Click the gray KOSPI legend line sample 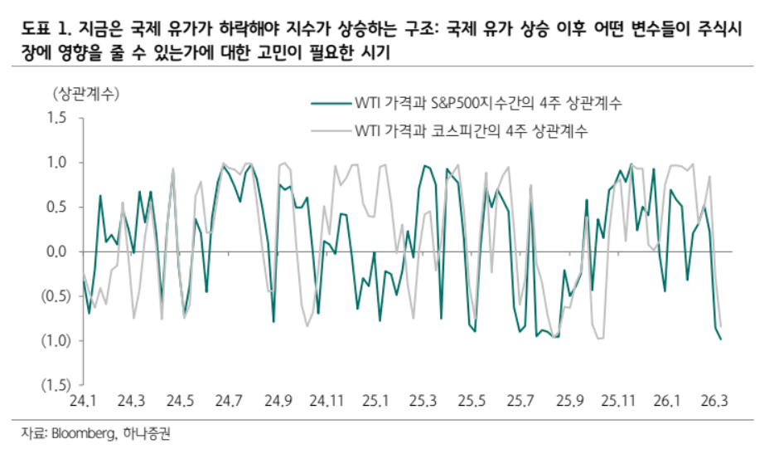pos(330,130)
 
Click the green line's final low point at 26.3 pos(721,339)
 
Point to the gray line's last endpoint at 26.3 pos(721,326)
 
